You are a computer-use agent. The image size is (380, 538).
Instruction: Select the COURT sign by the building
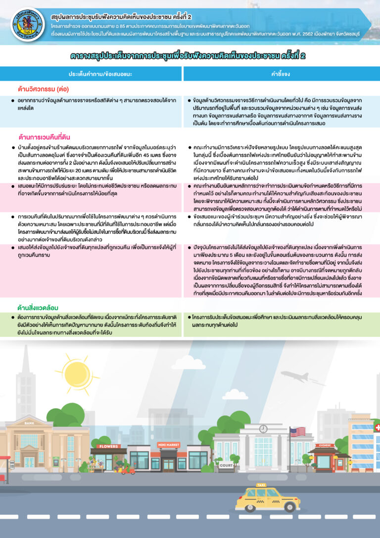point(226,465)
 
